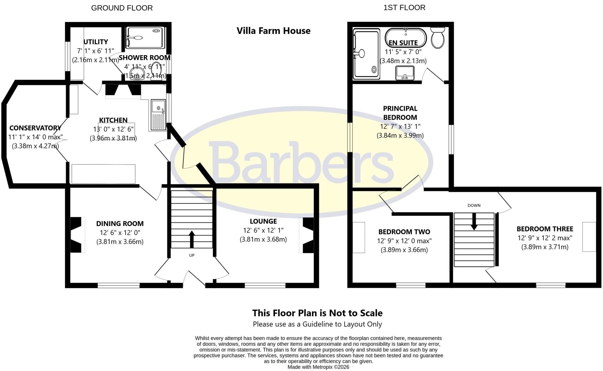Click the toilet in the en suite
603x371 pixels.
(x=438, y=38)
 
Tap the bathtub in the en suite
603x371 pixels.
(x=405, y=38)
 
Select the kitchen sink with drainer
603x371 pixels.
(x=158, y=115)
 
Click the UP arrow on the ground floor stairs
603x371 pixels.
(x=192, y=239)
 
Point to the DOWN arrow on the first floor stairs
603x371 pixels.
(x=474, y=221)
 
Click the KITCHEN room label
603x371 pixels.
(x=113, y=120)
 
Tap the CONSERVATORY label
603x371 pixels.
(x=35, y=128)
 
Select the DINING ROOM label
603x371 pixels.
(x=120, y=224)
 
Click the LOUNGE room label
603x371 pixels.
(x=263, y=221)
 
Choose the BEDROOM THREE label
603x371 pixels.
(x=545, y=229)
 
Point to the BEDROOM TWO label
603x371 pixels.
(x=404, y=232)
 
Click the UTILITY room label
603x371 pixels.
(x=96, y=42)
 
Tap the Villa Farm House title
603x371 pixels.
(x=274, y=31)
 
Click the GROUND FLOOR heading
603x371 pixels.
(x=122, y=8)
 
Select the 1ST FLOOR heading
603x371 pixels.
(x=404, y=7)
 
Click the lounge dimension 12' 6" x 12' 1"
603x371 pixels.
(x=263, y=230)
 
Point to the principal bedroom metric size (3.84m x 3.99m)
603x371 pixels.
(x=400, y=136)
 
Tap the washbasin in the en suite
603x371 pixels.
(x=405, y=73)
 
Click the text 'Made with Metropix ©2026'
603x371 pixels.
(x=318, y=367)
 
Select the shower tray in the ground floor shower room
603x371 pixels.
(x=145, y=38)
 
